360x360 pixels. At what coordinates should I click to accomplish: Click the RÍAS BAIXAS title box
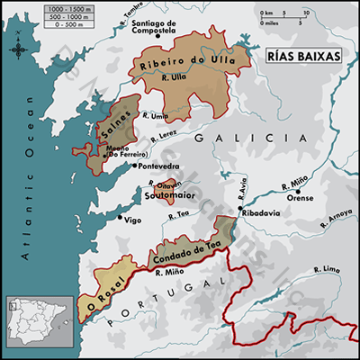[304, 55]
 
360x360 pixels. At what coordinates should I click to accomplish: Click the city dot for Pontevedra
[134, 166]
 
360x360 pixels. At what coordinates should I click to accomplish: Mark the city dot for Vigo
[121, 217]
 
